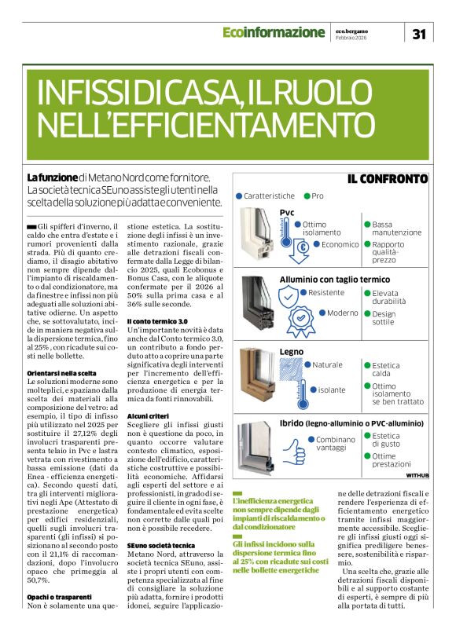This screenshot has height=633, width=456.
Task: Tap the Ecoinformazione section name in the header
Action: (273, 32)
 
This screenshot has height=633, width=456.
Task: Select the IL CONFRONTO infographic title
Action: (388, 178)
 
